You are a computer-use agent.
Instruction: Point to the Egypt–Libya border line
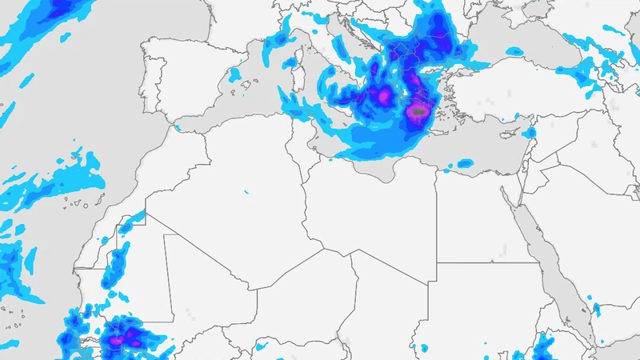coord(437,216)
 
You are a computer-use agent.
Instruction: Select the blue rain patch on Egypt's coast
coord(464,164)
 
